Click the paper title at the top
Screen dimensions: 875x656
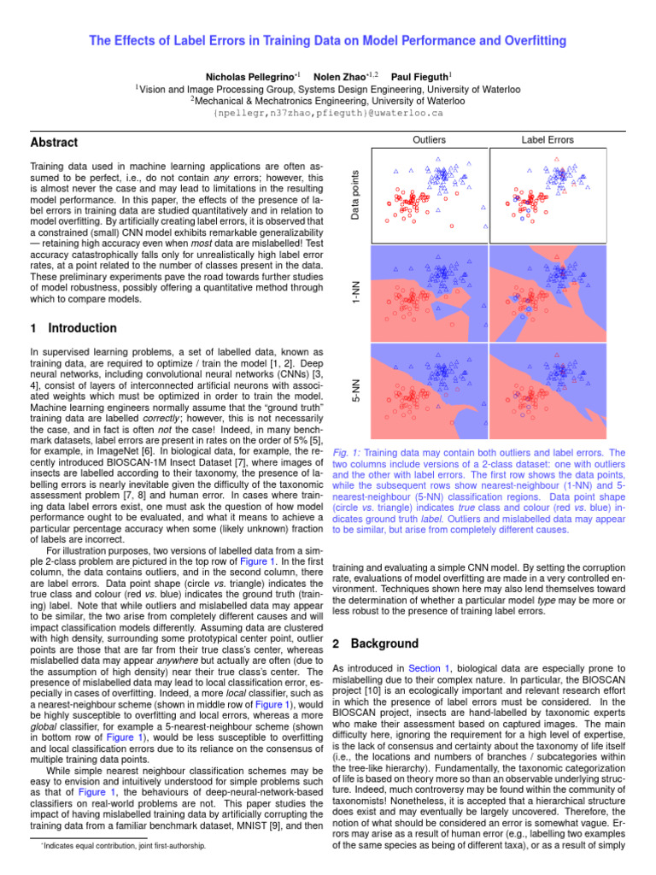pos(328,41)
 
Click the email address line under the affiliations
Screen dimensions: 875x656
pos(328,112)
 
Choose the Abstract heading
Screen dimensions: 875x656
pos(54,143)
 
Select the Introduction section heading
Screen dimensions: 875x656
pos(73,328)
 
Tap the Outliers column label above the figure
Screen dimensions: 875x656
pos(430,139)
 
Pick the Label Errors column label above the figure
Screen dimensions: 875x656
pos(548,139)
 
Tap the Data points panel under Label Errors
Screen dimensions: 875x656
pos(548,194)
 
